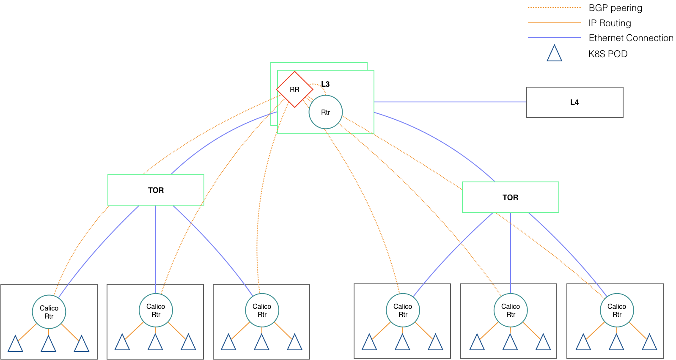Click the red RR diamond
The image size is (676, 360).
click(x=294, y=89)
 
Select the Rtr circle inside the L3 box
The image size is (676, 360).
click(x=326, y=112)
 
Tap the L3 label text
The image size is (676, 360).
click(x=325, y=84)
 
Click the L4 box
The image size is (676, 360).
click(x=574, y=102)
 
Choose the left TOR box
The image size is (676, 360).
click(x=156, y=190)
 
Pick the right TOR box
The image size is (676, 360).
click(x=510, y=198)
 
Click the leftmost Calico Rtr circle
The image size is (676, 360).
click(x=49, y=312)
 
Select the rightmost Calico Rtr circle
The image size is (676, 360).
click(x=617, y=310)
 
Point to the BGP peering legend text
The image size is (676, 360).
click(x=616, y=8)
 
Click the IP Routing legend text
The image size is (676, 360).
click(x=610, y=23)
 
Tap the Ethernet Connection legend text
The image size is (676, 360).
click(x=631, y=38)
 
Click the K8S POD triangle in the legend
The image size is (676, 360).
click(x=555, y=53)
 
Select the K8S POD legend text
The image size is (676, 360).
click(x=608, y=54)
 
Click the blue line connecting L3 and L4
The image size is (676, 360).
click(x=450, y=102)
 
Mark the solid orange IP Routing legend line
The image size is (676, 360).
click(x=554, y=22)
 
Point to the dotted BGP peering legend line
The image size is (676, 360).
click(x=554, y=8)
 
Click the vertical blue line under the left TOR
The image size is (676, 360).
click(x=156, y=249)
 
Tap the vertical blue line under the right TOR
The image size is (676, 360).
click(x=511, y=253)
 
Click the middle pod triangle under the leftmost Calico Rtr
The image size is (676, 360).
click(x=48, y=344)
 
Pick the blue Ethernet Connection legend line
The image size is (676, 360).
click(x=554, y=38)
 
